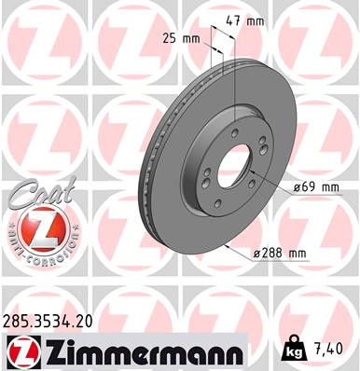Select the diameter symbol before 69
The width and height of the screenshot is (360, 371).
297,186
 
